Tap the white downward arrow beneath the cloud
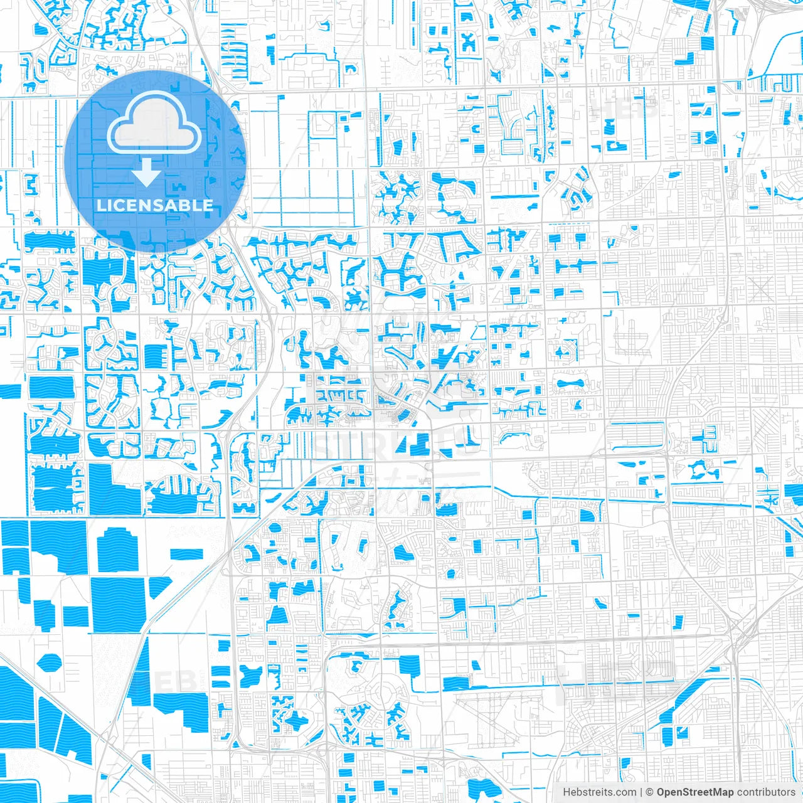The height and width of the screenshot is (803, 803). coord(147,173)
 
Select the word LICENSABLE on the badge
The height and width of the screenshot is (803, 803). coord(154,205)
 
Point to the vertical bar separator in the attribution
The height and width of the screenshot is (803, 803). coord(641,792)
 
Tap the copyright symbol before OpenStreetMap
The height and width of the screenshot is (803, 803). coord(650,792)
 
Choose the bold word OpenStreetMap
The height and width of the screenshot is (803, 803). coord(695,792)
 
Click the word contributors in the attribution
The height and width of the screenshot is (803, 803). coord(765,792)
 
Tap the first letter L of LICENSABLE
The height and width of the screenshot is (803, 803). coord(100,205)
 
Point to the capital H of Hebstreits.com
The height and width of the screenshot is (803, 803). coord(566,792)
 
